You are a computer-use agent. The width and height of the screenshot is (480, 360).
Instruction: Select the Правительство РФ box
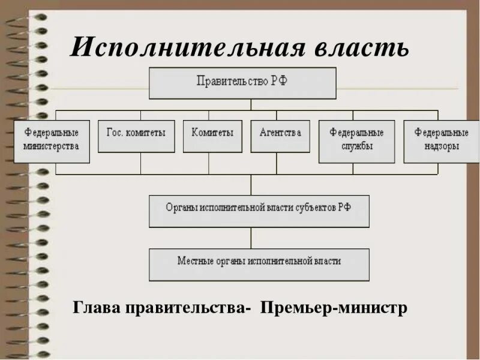pos(242,83)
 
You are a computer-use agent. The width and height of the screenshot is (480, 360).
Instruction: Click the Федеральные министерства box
pos(52,142)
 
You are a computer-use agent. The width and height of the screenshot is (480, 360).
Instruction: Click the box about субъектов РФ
pos(259,211)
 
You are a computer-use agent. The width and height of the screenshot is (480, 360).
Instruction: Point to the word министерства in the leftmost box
pos(52,146)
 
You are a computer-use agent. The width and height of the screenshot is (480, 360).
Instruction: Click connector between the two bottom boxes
pos(252,238)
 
